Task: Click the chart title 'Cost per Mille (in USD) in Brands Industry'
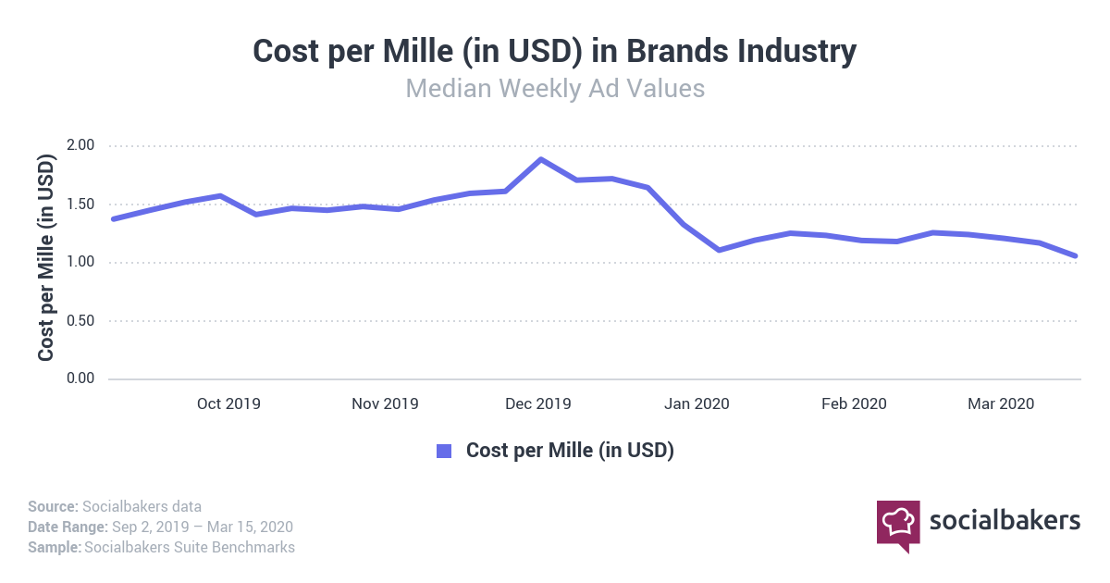coord(554,52)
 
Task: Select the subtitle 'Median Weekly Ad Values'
coord(555,89)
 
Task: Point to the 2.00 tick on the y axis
coord(80,146)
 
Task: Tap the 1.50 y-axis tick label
coord(80,205)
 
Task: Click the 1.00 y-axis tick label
coord(80,263)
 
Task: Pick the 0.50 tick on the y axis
coord(80,321)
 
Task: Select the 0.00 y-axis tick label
coord(80,378)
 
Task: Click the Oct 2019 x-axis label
coord(228,404)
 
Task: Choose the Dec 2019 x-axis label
coord(539,404)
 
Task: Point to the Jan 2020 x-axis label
coord(697,404)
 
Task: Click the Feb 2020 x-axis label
coord(855,404)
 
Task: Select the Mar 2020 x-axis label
coord(1000,404)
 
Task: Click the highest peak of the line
coord(541,159)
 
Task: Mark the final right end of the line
coord(1075,255)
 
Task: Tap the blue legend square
coord(444,451)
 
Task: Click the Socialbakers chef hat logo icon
coord(897,524)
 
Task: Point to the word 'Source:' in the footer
coord(53,506)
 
